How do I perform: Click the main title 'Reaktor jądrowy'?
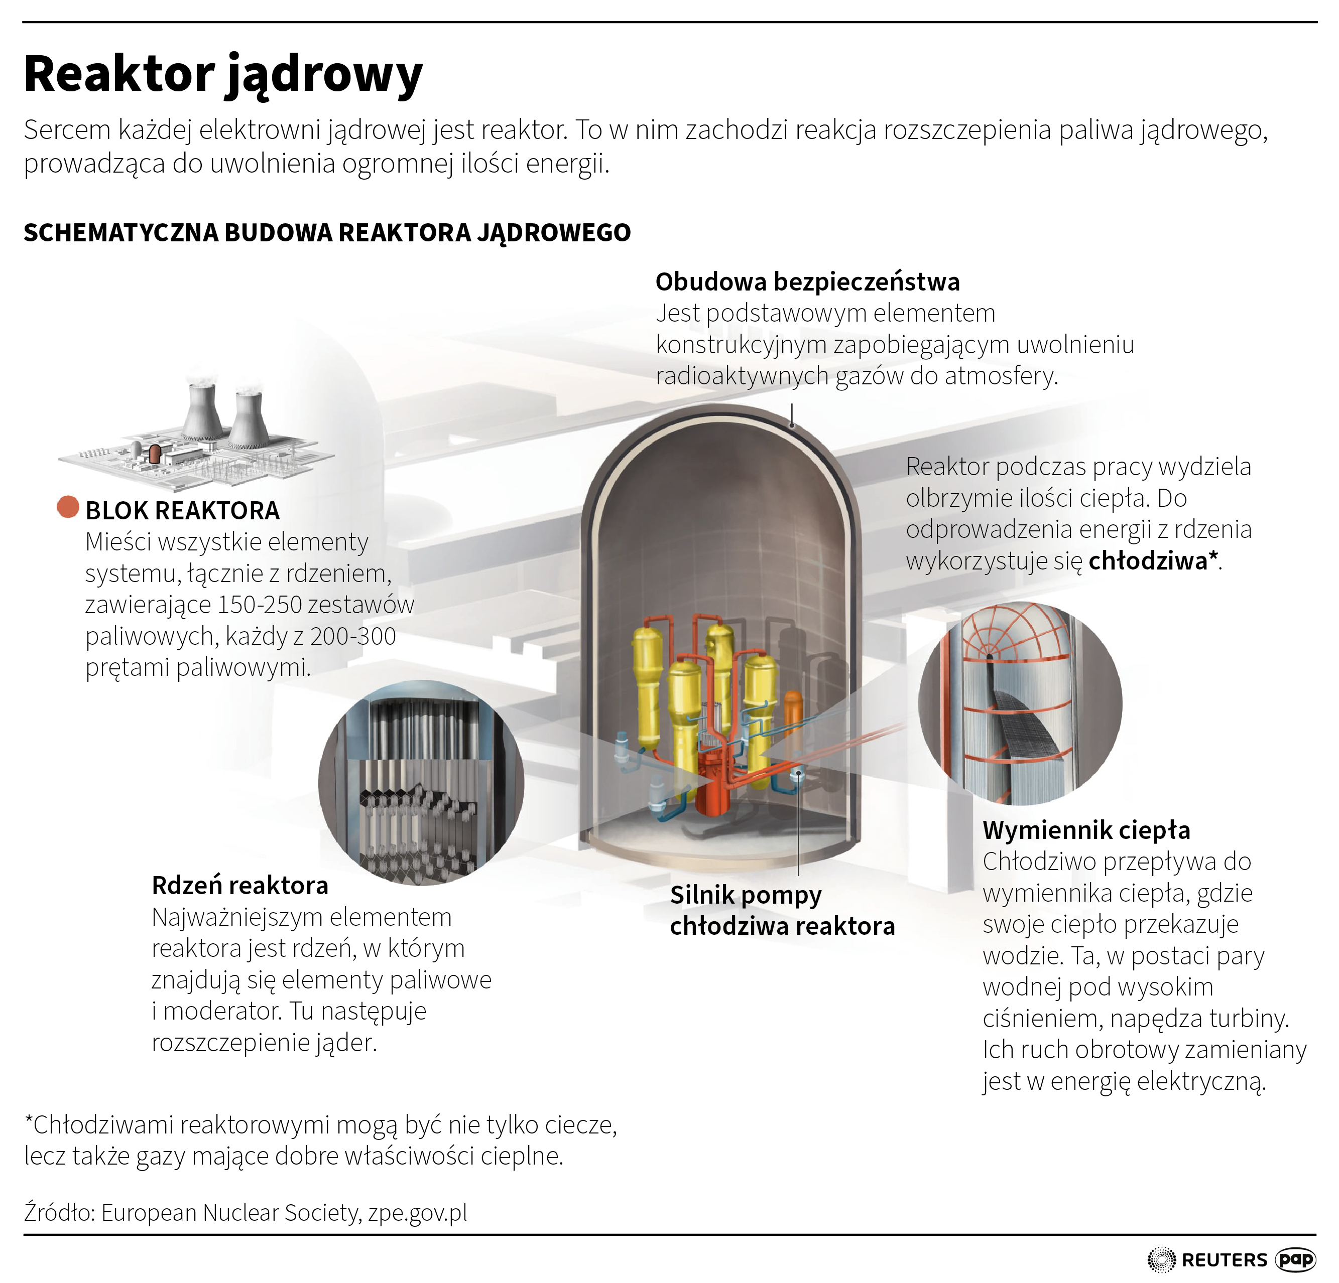pos(223,74)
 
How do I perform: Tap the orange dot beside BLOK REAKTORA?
pos(68,507)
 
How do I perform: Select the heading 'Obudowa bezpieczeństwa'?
pos(807,281)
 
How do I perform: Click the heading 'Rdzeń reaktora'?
pos(240,886)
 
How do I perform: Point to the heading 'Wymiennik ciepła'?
pos(1086,830)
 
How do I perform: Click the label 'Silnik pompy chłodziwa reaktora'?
pos(782,911)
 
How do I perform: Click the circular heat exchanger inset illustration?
pos(1020,703)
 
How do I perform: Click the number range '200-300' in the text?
pos(352,636)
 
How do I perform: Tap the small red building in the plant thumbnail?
pos(155,454)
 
